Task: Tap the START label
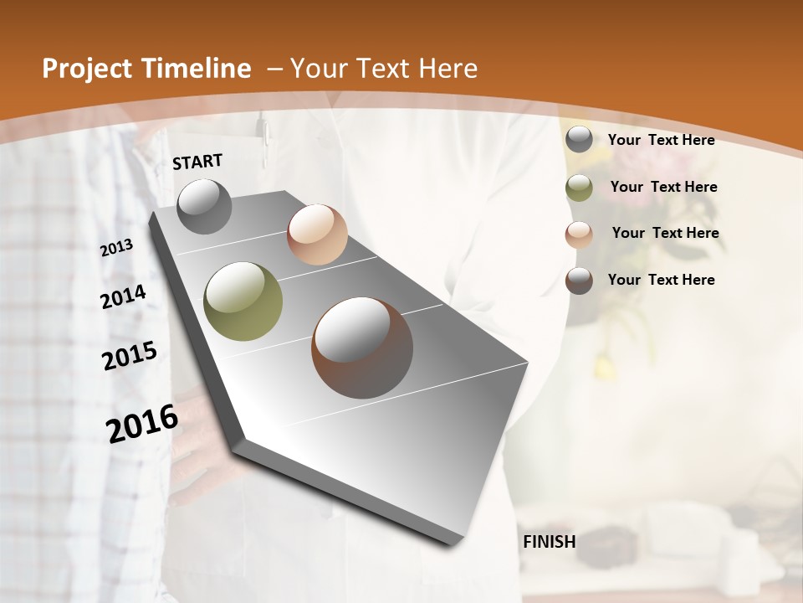(x=197, y=162)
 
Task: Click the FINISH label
(x=550, y=542)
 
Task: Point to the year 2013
(x=117, y=248)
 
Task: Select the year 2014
(x=123, y=297)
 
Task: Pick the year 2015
(x=130, y=356)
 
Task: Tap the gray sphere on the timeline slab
(x=204, y=206)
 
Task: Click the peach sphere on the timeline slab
(x=317, y=234)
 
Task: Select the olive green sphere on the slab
(x=243, y=301)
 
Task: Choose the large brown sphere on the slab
(x=362, y=348)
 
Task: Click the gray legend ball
(x=579, y=140)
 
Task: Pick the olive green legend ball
(x=579, y=188)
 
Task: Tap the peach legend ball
(x=579, y=234)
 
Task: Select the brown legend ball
(x=579, y=281)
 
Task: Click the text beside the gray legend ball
(x=661, y=140)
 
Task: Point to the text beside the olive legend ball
(x=663, y=187)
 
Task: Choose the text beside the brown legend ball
(x=661, y=280)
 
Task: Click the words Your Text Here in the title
(x=384, y=69)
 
